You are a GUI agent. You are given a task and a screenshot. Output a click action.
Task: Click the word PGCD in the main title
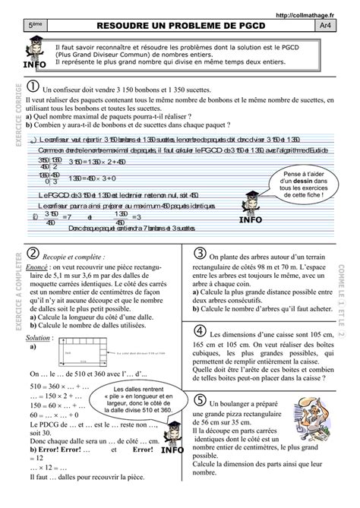pyautogui.click(x=248, y=25)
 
